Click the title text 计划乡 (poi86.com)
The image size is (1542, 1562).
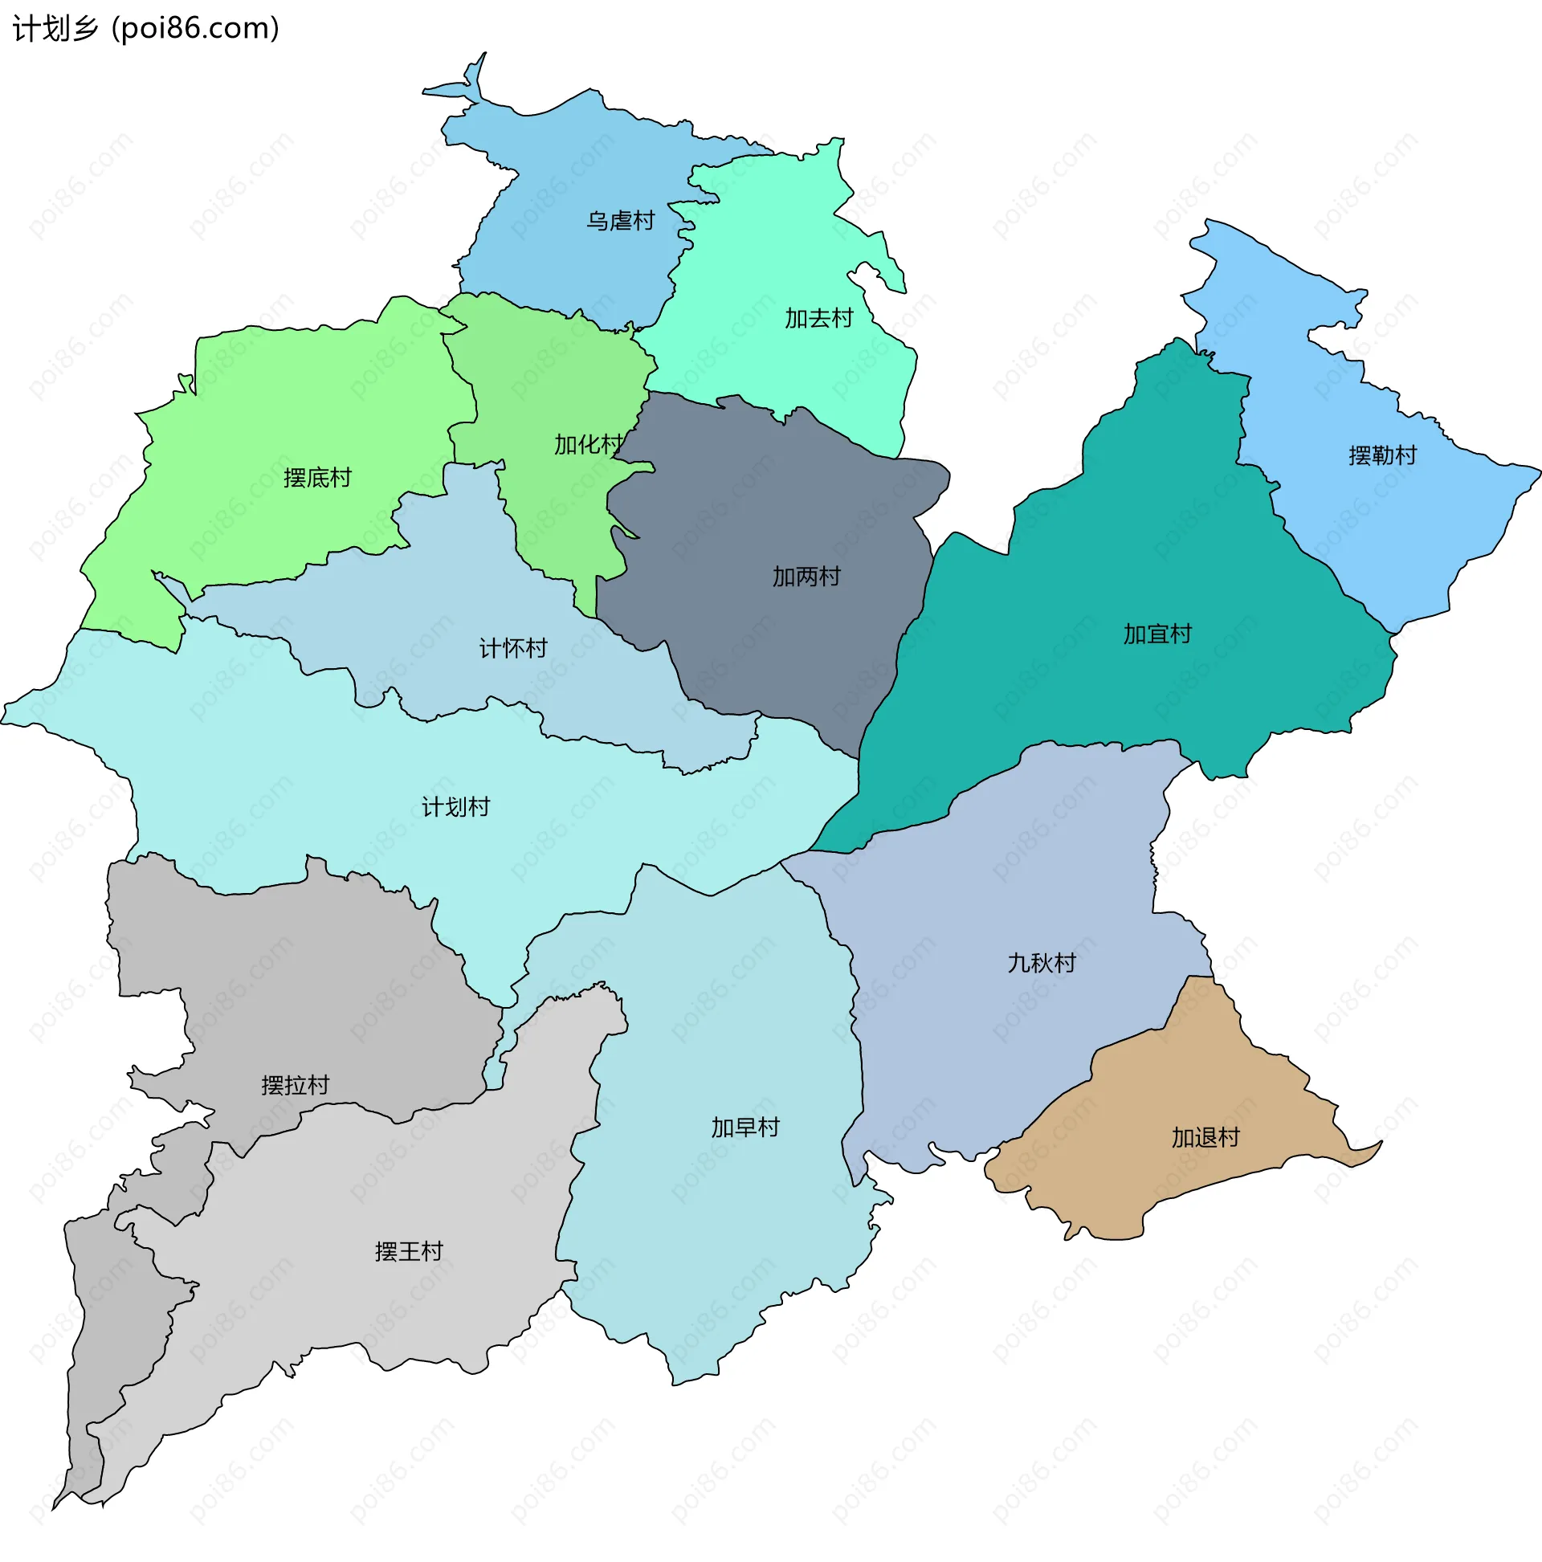(145, 29)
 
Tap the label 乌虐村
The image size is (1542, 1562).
(620, 221)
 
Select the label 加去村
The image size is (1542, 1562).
(818, 319)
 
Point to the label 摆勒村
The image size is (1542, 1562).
(1382, 456)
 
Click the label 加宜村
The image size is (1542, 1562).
(1157, 634)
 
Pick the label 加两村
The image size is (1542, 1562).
(806, 577)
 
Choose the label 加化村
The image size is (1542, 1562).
(588, 445)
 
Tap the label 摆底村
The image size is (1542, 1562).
(318, 478)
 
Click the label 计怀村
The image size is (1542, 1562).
(512, 648)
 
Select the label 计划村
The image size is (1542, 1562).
(455, 807)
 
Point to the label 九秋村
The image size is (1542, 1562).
(1042, 963)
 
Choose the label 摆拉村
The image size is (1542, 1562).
(295, 1085)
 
